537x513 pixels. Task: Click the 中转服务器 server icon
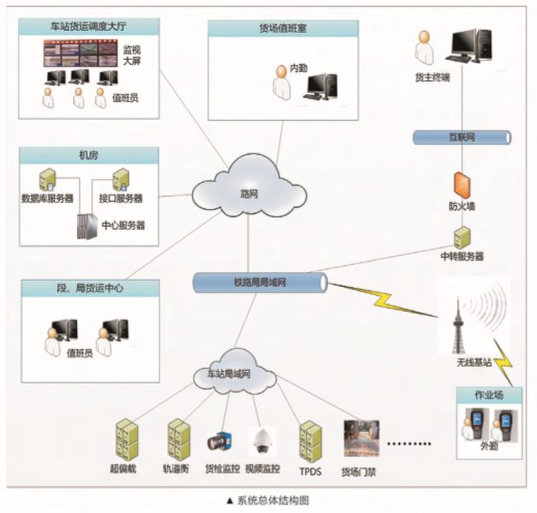[462, 237]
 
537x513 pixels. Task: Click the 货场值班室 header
[283, 28]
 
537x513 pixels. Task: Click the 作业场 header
[492, 395]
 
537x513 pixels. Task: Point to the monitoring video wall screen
[80, 53]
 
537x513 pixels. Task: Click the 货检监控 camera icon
[220, 442]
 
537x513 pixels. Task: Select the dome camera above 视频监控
[262, 441]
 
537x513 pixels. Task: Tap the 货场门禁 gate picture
[361, 438]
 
